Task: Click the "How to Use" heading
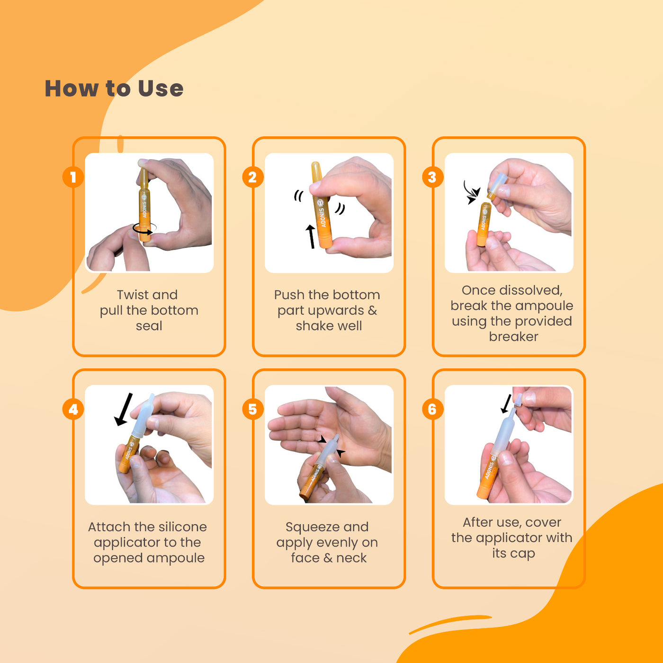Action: [x=114, y=89]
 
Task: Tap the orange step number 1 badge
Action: [x=73, y=177]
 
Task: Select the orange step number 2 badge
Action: [x=253, y=177]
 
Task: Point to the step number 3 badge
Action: [x=432, y=177]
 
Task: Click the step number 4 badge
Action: [x=73, y=409]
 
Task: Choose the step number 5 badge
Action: [x=253, y=409]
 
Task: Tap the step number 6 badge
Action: [x=432, y=409]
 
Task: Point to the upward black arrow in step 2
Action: [x=311, y=236]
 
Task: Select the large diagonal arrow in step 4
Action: [x=124, y=409]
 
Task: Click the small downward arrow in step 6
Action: [x=506, y=403]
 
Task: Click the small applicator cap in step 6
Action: [x=518, y=400]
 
